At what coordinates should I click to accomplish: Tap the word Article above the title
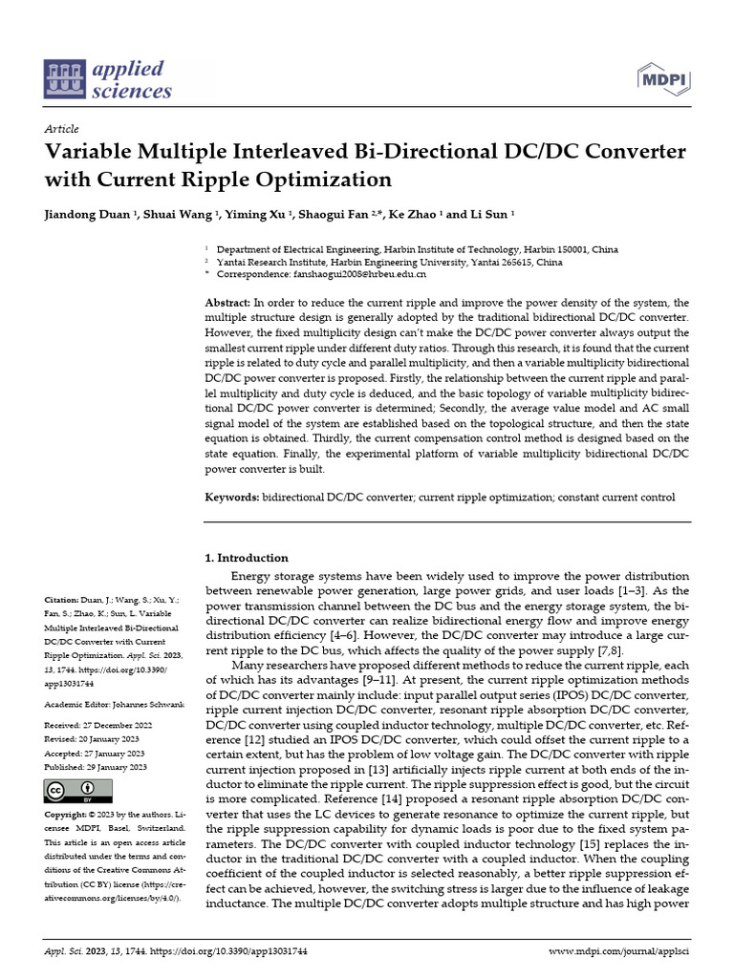click(61, 129)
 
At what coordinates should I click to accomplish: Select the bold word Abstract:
click(228, 303)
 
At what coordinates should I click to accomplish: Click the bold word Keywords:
click(233, 498)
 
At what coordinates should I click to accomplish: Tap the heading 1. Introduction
click(248, 558)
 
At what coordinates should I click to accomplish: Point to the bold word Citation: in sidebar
click(64, 590)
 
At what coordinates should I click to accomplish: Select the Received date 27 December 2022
click(113, 726)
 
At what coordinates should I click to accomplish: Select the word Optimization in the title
click(330, 180)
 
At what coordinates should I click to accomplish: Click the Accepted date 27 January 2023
click(113, 753)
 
